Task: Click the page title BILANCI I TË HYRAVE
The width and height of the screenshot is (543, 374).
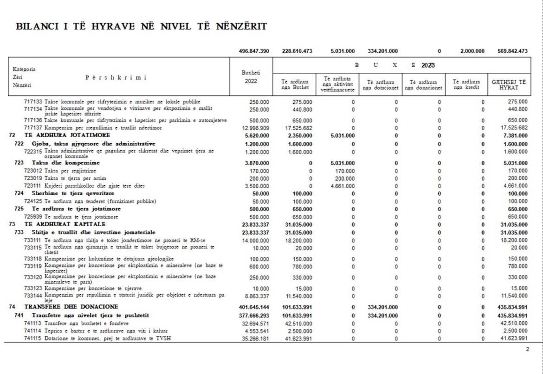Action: (142, 26)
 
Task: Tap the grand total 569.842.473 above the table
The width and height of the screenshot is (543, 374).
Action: (510, 51)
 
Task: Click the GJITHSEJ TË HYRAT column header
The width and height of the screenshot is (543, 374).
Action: (509, 85)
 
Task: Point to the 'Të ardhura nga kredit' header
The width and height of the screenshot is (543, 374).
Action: (467, 85)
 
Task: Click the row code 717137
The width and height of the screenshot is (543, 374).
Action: (33, 127)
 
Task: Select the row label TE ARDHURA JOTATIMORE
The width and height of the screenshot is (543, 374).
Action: (67, 135)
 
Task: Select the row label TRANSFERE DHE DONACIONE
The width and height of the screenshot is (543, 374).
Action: (71, 307)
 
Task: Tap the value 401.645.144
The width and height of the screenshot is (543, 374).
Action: (254, 307)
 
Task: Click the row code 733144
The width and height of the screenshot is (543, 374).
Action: (33, 295)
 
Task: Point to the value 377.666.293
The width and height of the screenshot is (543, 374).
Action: (254, 316)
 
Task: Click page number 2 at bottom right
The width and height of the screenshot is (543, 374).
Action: (527, 349)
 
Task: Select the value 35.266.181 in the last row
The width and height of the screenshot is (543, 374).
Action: (255, 338)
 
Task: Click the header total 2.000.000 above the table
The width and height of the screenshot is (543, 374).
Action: (472, 51)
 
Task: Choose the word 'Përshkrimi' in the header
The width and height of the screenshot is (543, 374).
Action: (116, 77)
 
